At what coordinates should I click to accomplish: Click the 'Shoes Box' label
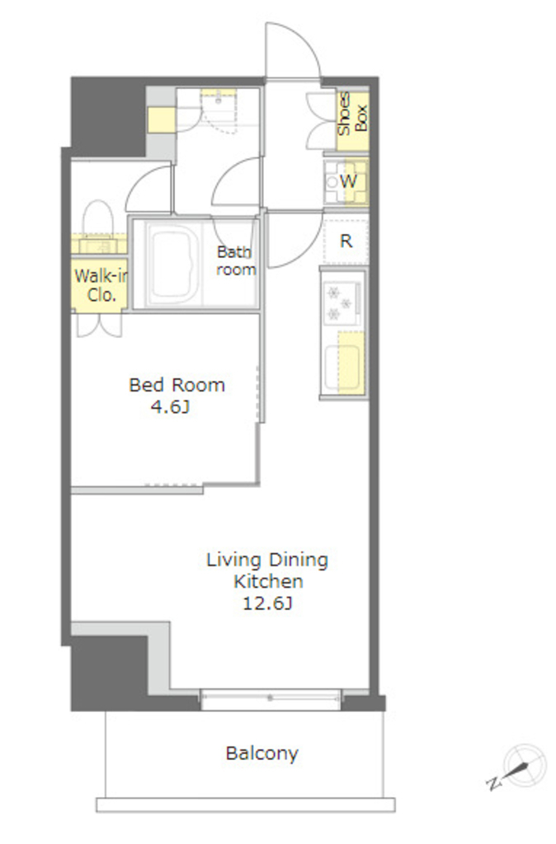tap(353, 114)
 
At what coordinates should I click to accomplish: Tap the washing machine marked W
tap(346, 182)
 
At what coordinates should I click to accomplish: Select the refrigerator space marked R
tap(346, 240)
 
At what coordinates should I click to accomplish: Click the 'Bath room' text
tap(235, 260)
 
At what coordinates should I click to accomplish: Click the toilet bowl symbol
tap(98, 218)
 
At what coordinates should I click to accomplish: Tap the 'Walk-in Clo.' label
tap(101, 285)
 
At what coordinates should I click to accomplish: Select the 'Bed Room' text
tap(177, 385)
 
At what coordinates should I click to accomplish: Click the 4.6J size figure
tap(170, 407)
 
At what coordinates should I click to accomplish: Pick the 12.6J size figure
tap(267, 603)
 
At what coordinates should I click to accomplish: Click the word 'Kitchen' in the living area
tap(268, 581)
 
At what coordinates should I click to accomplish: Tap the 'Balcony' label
tap(262, 753)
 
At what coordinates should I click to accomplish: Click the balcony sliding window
tap(271, 698)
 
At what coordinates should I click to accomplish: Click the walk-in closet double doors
tap(100, 325)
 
